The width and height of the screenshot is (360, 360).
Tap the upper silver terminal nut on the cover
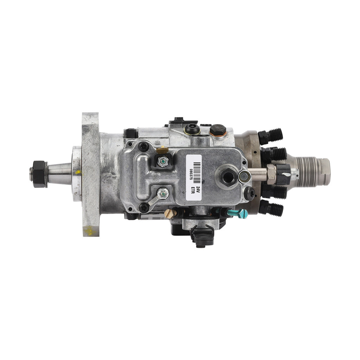tap(162, 161)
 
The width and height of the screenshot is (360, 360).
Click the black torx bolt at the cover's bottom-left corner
tap(143, 208)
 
